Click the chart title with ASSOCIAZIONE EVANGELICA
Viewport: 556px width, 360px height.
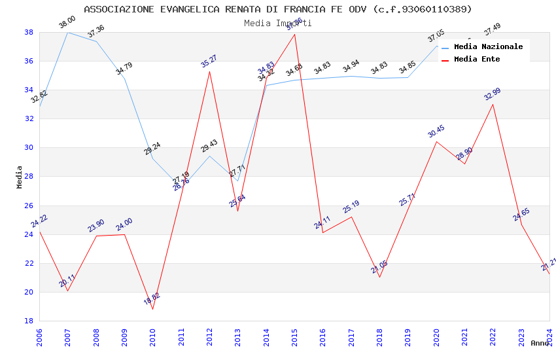[x=278, y=9]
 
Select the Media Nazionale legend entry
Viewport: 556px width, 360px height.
[x=488, y=46]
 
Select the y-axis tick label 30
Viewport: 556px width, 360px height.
[x=29, y=148]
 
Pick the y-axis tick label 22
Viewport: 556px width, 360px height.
[x=29, y=263]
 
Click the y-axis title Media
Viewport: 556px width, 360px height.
[x=20, y=177]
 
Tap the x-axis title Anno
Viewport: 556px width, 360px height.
[x=540, y=343]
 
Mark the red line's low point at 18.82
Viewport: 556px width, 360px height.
[x=153, y=309]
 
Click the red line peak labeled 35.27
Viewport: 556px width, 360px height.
[x=209, y=71]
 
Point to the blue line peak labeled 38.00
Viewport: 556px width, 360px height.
[x=68, y=32]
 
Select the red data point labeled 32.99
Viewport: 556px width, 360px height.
[x=493, y=104]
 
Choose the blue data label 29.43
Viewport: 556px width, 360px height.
[x=209, y=146]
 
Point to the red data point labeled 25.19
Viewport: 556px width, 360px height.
[x=351, y=217]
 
